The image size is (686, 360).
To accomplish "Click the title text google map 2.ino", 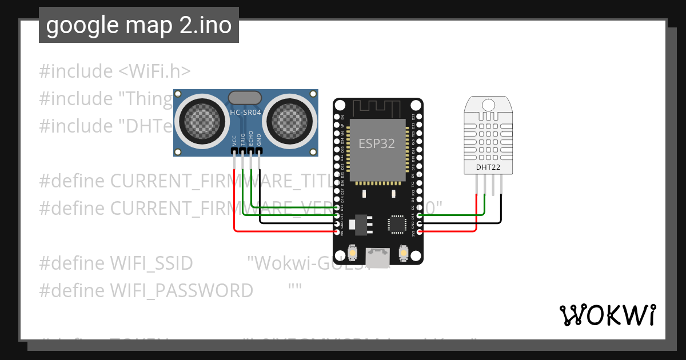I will point(139,25).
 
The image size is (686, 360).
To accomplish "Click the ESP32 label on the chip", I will point(377,143).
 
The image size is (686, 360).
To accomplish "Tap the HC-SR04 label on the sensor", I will point(245,113).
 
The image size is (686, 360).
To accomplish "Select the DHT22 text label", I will point(488,167).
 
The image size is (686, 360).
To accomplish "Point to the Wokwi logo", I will point(607,315).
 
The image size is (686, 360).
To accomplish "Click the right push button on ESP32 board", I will point(404,253).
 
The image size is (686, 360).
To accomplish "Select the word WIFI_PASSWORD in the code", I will point(181,291).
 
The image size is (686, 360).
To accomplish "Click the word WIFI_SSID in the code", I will point(151,263).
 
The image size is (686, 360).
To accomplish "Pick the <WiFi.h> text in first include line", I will point(155,71).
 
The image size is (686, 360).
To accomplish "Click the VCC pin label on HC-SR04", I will point(234,141).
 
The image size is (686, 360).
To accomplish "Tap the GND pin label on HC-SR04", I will point(259,141).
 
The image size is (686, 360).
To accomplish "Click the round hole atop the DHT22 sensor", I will point(488,105).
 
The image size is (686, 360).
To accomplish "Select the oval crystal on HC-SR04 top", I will point(245,98).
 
